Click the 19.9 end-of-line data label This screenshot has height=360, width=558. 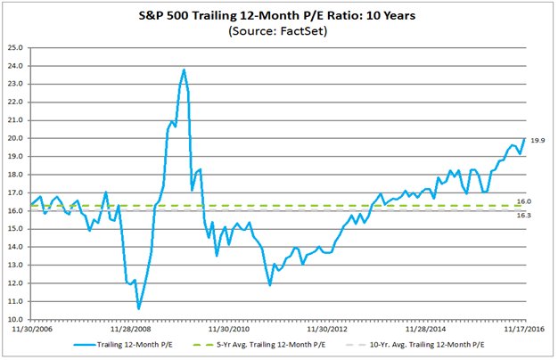(x=538, y=141)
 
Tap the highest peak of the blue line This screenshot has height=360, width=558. (x=184, y=70)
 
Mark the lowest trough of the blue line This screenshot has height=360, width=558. (x=138, y=308)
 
